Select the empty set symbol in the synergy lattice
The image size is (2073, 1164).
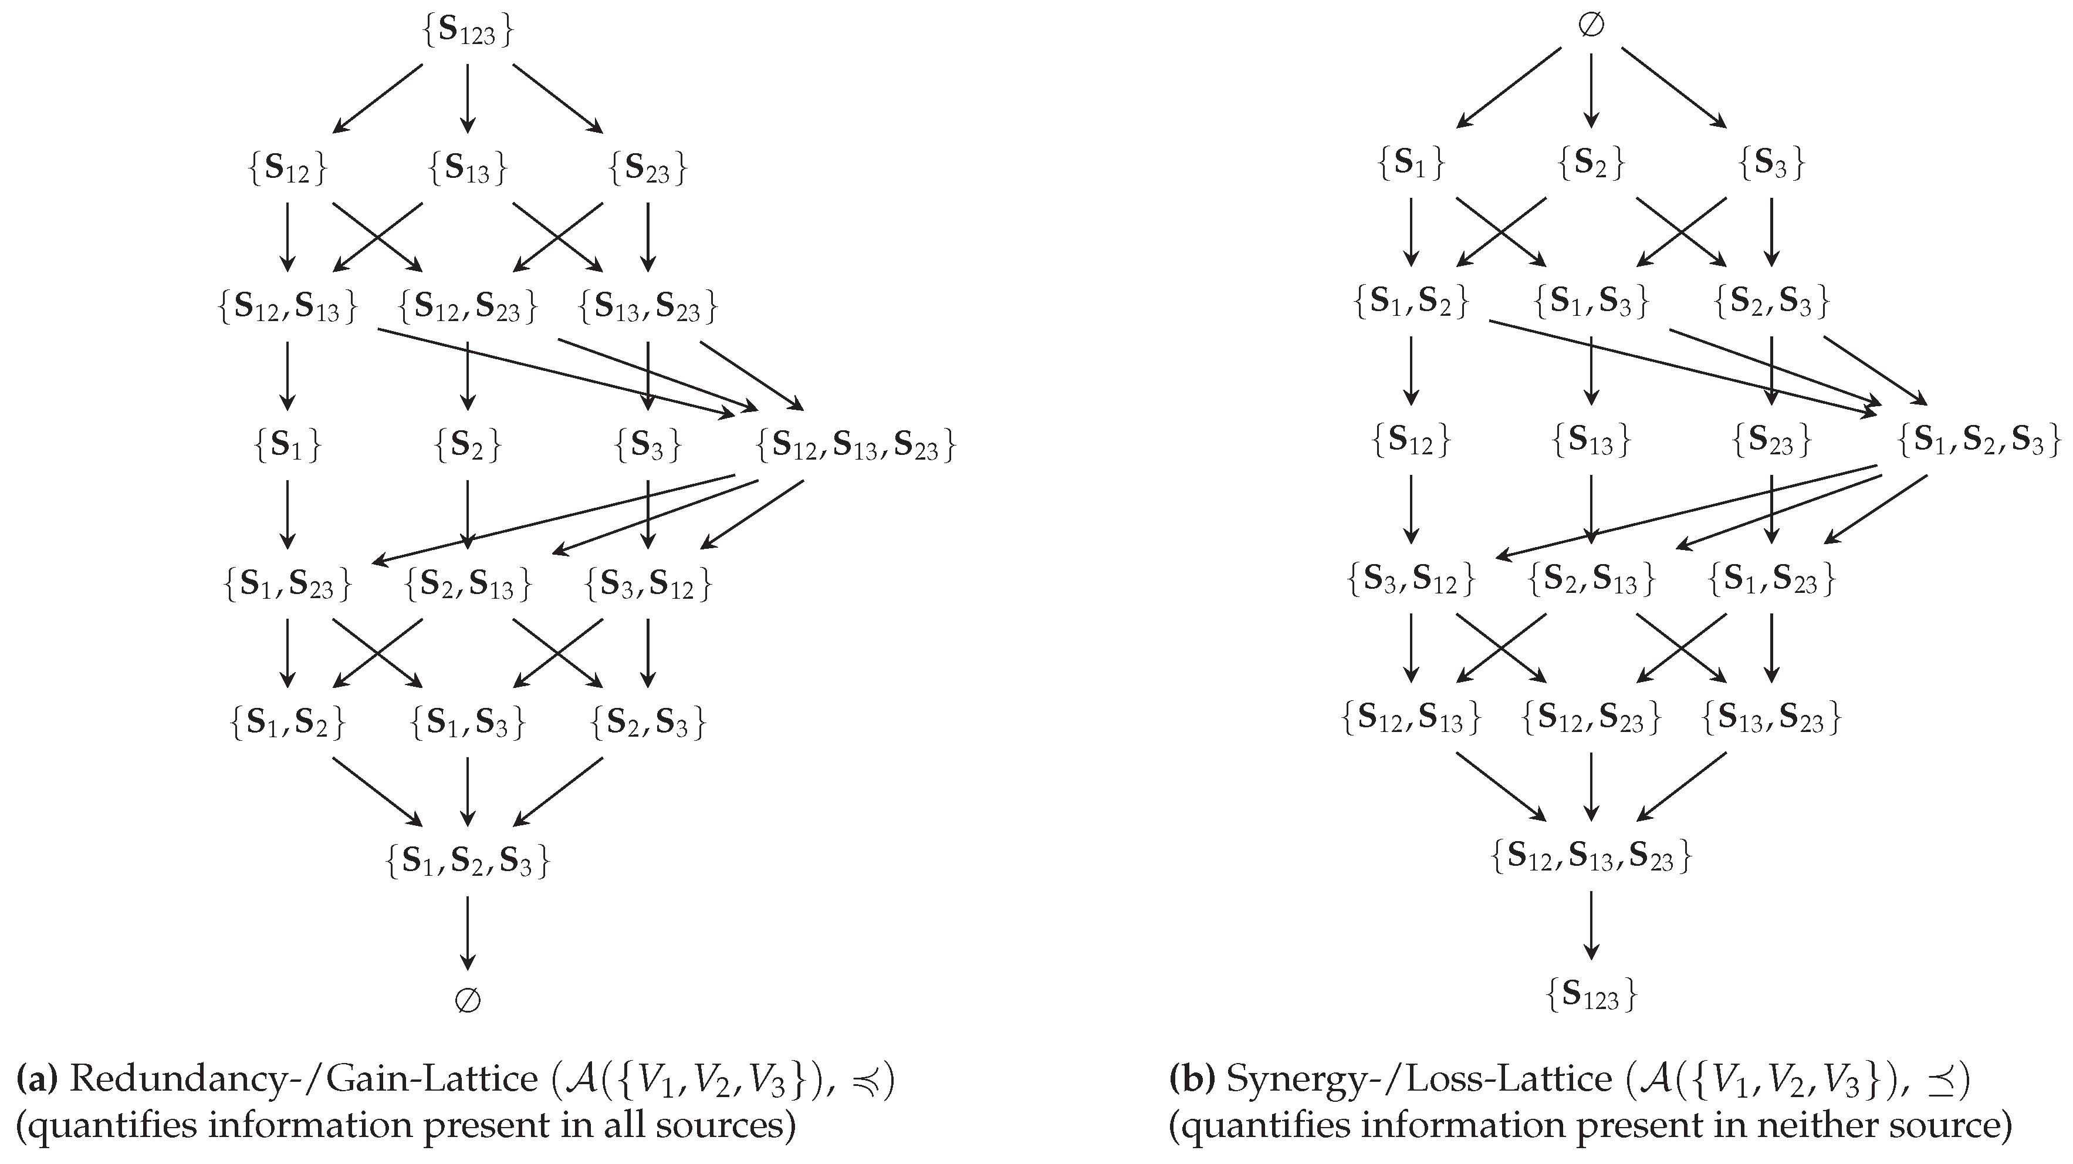tap(1590, 26)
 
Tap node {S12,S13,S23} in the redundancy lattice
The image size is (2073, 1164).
tap(855, 445)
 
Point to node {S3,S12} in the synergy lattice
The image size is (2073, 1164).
tap(1411, 579)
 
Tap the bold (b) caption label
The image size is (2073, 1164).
tap(1191, 1079)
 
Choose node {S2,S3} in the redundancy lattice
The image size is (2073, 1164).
tap(648, 722)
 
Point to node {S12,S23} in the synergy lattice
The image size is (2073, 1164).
tap(1590, 718)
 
